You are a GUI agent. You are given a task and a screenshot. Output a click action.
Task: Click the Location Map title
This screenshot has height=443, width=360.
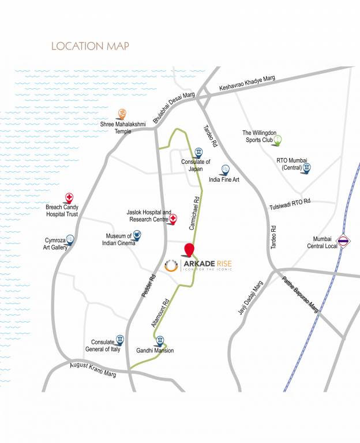click(90, 46)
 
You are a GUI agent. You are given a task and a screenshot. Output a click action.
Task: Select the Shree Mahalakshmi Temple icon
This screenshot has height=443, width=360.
click(122, 114)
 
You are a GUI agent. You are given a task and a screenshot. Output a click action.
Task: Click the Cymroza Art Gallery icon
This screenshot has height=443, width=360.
click(70, 239)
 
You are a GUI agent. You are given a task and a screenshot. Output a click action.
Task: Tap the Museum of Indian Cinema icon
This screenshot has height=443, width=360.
click(137, 235)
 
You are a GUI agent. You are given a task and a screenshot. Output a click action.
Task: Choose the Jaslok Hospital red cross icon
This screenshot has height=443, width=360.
click(172, 219)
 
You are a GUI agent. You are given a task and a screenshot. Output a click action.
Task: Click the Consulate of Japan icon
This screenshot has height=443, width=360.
click(198, 152)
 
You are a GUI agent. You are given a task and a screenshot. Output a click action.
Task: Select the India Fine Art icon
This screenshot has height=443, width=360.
click(226, 170)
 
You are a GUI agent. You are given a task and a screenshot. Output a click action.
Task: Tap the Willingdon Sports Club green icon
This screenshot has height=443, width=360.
click(277, 139)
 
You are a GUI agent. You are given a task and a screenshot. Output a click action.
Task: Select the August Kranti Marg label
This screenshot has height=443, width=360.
click(93, 369)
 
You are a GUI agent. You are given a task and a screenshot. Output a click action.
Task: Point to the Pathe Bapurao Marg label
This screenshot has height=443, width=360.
click(300, 294)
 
